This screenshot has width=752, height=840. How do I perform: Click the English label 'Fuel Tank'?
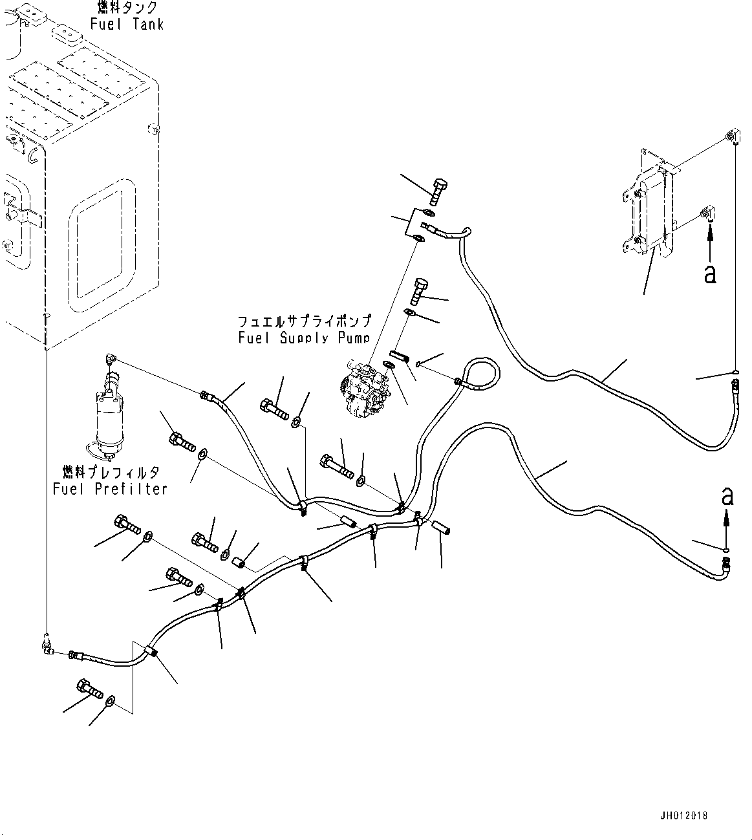point(127,25)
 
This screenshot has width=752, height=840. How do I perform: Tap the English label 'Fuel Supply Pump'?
point(303,338)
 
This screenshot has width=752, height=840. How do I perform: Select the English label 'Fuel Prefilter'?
point(110,489)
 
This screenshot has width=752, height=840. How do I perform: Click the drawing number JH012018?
point(684,815)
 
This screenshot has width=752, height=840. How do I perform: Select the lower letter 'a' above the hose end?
point(727,497)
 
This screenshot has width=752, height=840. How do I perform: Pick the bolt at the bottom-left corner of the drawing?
point(89,690)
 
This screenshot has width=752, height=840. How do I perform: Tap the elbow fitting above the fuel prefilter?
point(109,358)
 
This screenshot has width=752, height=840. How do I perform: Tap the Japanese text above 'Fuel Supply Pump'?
point(304,321)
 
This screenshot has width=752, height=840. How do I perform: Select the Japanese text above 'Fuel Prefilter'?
point(110,473)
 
